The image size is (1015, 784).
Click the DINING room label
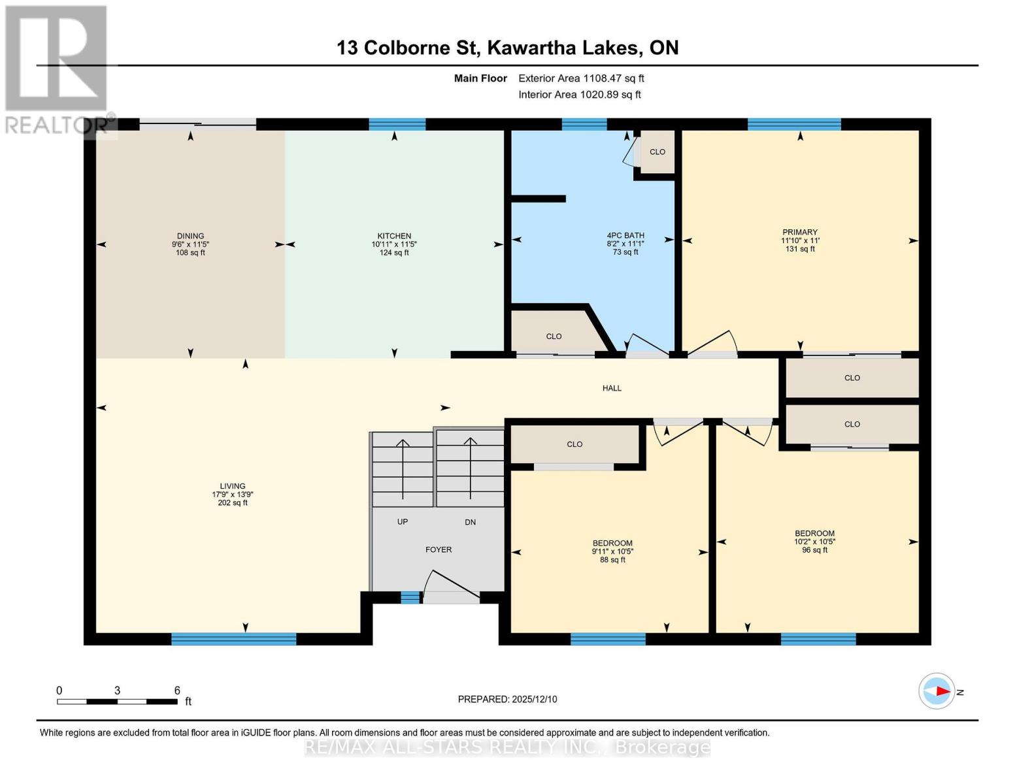190,244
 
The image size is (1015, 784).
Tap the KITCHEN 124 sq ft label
394,244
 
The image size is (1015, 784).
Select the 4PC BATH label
625,243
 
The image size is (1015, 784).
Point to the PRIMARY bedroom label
800,240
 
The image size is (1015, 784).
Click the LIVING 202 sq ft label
233,494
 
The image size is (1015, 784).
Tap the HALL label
612,388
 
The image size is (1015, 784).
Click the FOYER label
439,549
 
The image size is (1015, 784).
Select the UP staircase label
403,522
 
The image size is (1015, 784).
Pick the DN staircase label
471,522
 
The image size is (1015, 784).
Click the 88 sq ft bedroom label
612,551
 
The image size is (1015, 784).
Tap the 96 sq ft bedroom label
814,542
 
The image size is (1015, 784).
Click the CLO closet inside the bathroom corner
657,152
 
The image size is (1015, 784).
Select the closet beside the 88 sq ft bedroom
574,444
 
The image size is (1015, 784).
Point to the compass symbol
937,691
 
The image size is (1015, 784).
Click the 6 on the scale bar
177,691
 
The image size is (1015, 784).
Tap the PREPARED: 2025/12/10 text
507,699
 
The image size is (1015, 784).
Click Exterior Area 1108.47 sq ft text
581,78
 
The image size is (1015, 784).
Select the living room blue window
233,639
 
